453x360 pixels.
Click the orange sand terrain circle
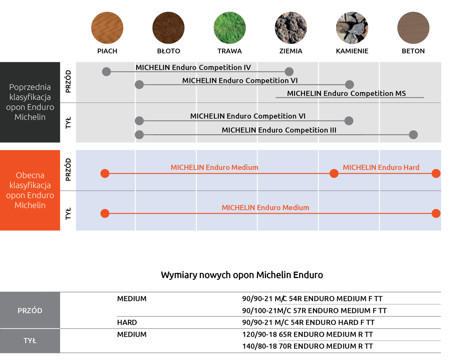(107, 28)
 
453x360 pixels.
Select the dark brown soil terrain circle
(168, 28)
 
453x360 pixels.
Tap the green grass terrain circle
(229, 28)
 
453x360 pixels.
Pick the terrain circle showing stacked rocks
(352, 28)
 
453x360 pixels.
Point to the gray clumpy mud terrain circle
(291, 28)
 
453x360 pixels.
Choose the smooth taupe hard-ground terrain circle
(413, 28)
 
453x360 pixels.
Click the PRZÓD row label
(30, 311)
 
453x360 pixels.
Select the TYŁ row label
(30, 341)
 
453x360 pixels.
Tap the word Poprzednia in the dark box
(30, 87)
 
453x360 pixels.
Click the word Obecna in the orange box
(30, 175)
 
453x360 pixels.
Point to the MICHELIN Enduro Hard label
(381, 168)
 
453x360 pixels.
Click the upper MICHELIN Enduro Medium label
(214, 168)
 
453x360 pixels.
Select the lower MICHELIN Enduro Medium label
(265, 208)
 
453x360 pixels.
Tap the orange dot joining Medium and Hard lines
(334, 173)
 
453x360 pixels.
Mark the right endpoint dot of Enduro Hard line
(436, 173)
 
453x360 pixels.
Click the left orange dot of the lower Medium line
(105, 213)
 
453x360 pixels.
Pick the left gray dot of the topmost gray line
(106, 71)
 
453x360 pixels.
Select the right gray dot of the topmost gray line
(289, 71)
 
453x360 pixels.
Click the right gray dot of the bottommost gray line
(413, 135)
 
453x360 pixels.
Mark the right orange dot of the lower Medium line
(436, 213)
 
